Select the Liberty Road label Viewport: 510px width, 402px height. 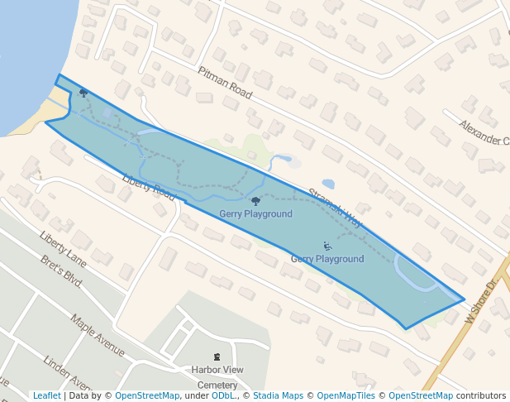click(149, 187)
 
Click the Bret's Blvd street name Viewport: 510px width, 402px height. click(61, 271)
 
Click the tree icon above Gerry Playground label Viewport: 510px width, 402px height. click(255, 201)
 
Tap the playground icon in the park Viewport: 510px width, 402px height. click(327, 246)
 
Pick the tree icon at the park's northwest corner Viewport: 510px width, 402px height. click(83, 93)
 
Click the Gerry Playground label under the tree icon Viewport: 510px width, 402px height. click(255, 214)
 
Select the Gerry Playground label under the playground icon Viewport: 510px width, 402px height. click(327, 259)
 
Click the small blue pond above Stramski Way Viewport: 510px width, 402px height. click(328, 184)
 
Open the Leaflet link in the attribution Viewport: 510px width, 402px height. click(47, 395)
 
